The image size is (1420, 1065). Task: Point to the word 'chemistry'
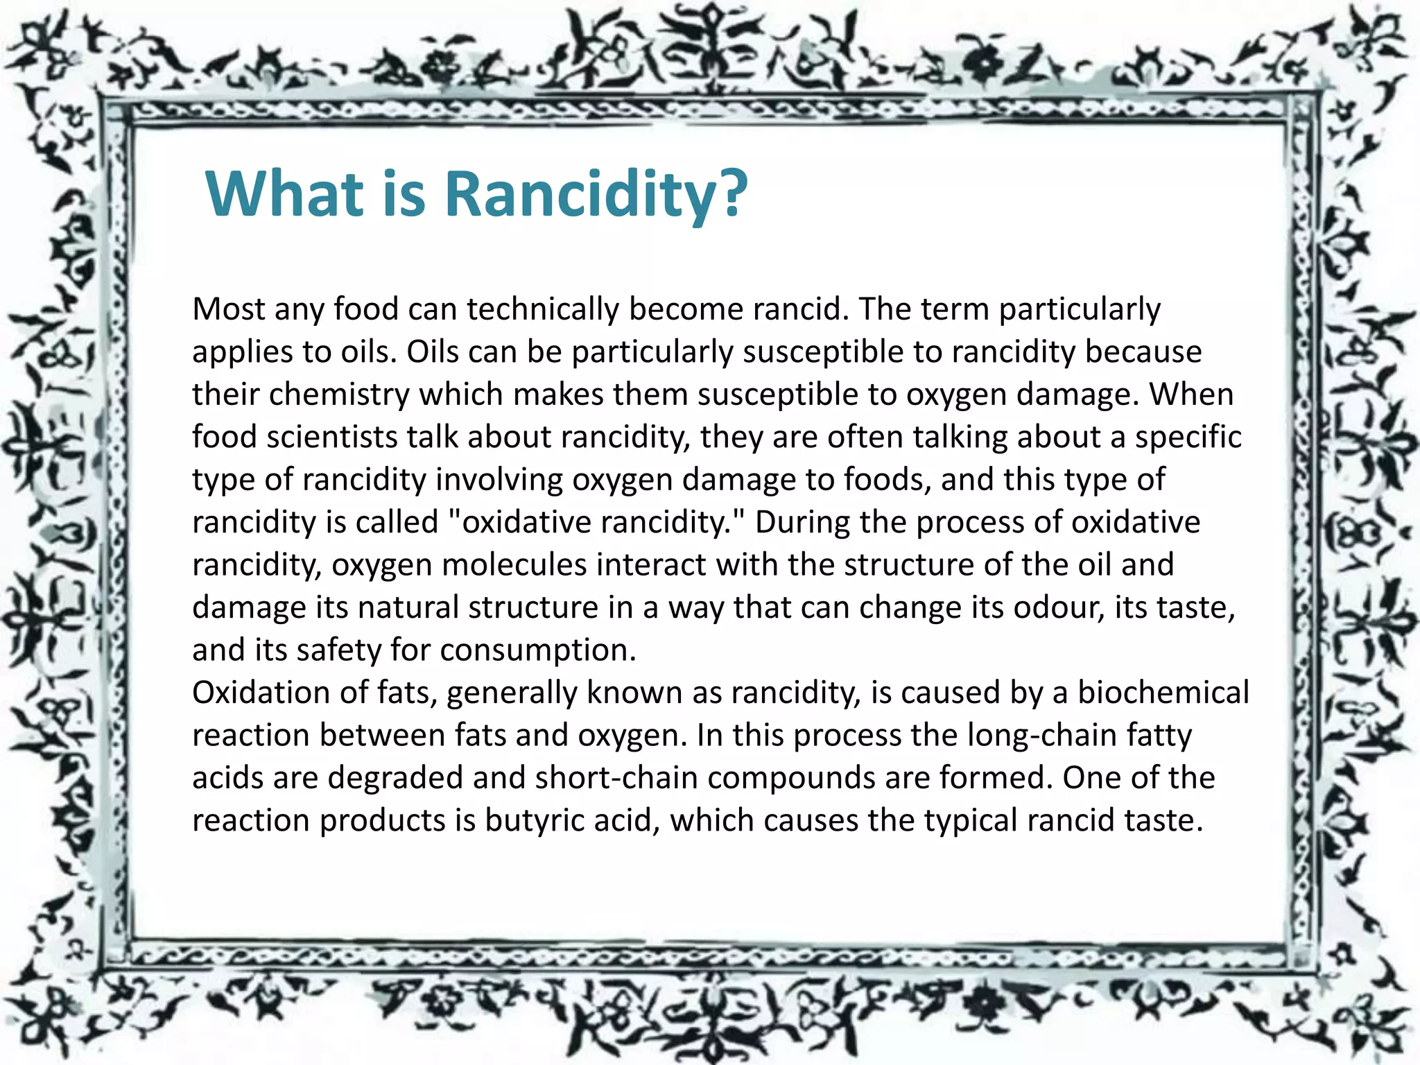point(340,395)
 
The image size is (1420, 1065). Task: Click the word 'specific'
point(1188,437)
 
